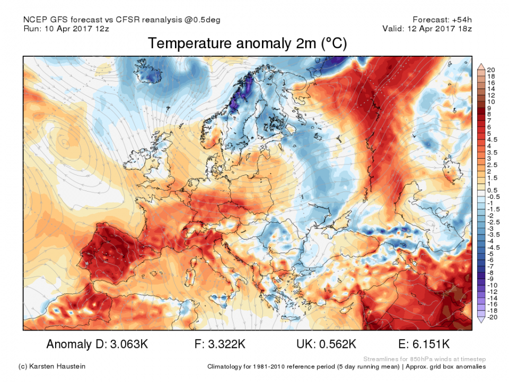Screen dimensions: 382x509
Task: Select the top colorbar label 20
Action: pyautogui.click(x=490, y=70)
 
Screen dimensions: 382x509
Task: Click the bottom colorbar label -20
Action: pyautogui.click(x=492, y=317)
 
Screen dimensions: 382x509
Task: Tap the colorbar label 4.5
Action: pyautogui.click(x=492, y=140)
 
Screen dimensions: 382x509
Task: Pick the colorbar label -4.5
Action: pyautogui.click(x=493, y=247)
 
